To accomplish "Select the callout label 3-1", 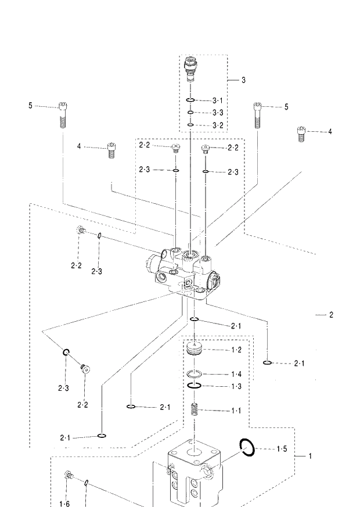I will [x=218, y=100].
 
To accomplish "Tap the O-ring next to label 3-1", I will [x=191, y=100].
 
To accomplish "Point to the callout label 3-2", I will [x=218, y=125].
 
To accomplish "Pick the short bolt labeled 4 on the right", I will [x=301, y=134].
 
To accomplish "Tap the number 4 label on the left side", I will [x=79, y=146].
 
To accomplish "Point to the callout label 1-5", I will [x=282, y=448].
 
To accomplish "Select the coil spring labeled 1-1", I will [x=196, y=409].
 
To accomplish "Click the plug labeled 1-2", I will [x=195, y=350].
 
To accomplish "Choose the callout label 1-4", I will [x=236, y=374].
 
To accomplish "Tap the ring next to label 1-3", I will [x=195, y=386].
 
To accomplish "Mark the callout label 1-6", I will [x=64, y=504].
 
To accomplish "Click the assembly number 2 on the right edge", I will [x=331, y=315].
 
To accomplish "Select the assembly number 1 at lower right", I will [x=309, y=456].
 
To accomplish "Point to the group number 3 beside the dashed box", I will [x=243, y=80].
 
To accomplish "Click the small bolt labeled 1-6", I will [x=69, y=476].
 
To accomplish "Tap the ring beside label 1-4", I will [x=195, y=373].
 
